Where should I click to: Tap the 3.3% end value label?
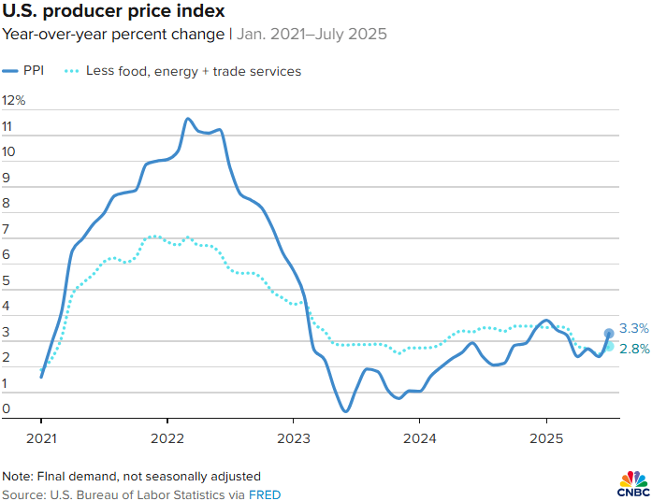[634, 328]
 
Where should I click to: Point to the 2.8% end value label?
[634, 349]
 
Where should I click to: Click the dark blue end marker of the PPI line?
[609, 333]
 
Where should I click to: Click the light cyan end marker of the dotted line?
[609, 346]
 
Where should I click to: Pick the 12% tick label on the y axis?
[14, 101]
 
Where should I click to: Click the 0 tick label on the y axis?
[7, 408]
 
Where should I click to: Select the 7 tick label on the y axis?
[7, 229]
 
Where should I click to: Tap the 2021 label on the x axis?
[41, 437]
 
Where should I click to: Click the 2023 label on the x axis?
[293, 437]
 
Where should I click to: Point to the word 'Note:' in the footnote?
[18, 476]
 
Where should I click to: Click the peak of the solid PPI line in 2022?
[188, 119]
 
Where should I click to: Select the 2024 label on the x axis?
[419, 437]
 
